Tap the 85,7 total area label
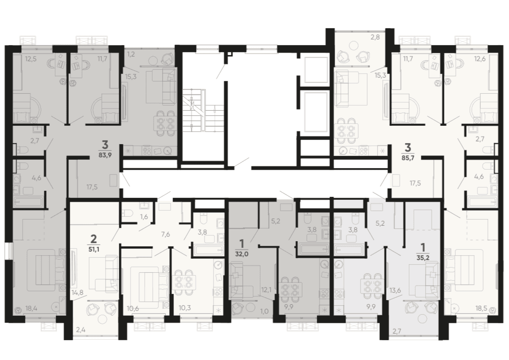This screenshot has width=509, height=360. click(408, 158)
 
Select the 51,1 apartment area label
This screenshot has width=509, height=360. click(93, 250)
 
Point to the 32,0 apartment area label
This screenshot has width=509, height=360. click(241, 254)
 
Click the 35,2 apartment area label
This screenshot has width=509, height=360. click(423, 259)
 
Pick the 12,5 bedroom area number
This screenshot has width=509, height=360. click(31, 59)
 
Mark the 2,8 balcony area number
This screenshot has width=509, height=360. click(375, 37)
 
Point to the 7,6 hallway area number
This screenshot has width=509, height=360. click(165, 234)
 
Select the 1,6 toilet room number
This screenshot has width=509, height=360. click(144, 217)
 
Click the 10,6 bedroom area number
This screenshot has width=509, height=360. click(133, 308)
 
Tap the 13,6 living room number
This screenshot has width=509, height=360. click(395, 290)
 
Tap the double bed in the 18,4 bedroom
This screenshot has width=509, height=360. click(45, 270)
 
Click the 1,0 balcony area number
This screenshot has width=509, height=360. click(264, 311)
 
